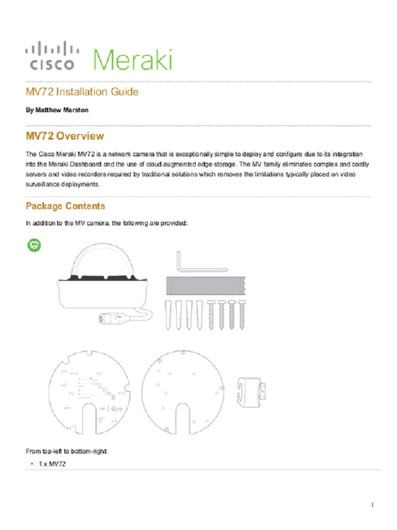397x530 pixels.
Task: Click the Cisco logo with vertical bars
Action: (x=52, y=56)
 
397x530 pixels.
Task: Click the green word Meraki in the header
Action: (x=132, y=60)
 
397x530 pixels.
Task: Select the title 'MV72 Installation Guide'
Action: (x=82, y=92)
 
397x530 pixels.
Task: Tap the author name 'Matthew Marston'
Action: (x=57, y=111)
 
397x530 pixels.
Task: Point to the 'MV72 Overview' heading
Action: (x=65, y=137)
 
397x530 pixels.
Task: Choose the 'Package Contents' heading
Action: (x=65, y=206)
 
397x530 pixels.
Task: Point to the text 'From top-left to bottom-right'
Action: (x=66, y=451)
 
